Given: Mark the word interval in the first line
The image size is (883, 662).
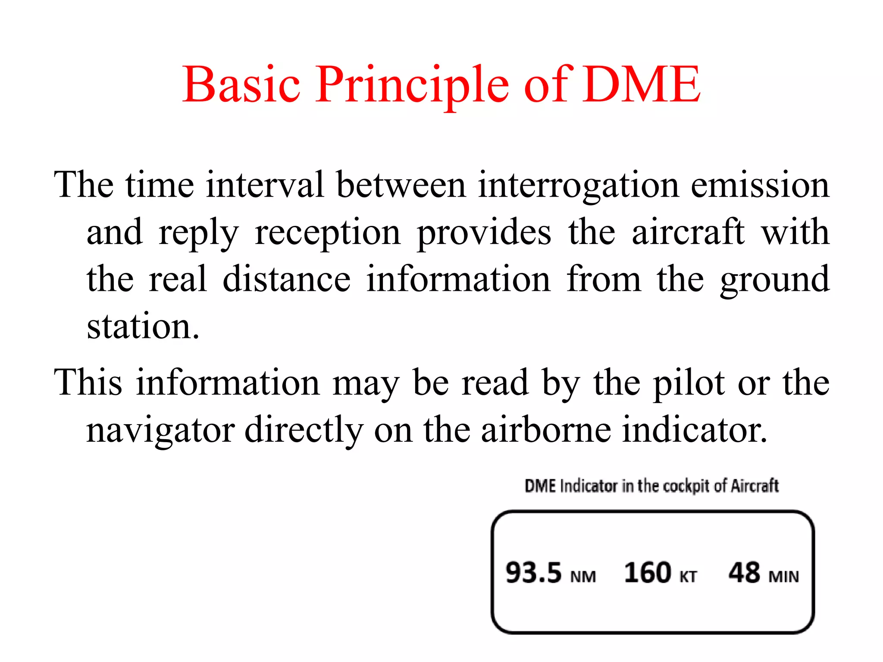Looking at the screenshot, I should click(x=265, y=185).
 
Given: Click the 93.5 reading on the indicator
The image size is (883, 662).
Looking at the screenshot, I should click(x=533, y=573).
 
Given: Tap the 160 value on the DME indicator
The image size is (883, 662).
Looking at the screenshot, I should click(x=648, y=573).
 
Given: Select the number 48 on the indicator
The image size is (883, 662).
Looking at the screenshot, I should click(x=744, y=573).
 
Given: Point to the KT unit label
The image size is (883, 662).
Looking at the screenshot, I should click(x=688, y=577).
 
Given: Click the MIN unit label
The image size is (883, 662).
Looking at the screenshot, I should click(x=784, y=577).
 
